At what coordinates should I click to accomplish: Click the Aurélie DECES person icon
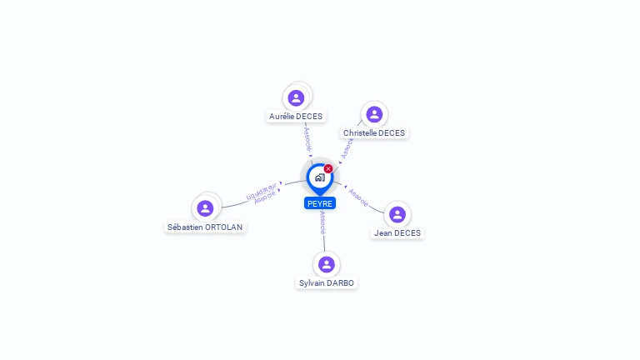296,97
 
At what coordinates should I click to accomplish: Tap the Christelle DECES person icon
374,114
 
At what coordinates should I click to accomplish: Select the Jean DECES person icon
397,214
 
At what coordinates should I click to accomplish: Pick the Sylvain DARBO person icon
327,264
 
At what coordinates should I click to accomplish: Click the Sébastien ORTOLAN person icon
206,207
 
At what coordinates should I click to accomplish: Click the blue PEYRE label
320,203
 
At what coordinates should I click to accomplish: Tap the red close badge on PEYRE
328,169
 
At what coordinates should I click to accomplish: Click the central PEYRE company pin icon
319,177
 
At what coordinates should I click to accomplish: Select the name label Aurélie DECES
296,117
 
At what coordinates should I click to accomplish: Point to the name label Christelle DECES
374,133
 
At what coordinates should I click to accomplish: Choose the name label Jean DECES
397,233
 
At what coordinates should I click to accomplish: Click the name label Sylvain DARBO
327,283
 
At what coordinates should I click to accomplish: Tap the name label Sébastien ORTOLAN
206,227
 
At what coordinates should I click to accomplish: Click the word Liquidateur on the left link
261,191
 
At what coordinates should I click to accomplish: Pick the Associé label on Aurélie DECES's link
307,138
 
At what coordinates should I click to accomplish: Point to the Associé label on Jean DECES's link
358,197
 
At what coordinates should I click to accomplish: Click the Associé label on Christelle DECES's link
347,147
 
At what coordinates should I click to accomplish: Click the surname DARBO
340,283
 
